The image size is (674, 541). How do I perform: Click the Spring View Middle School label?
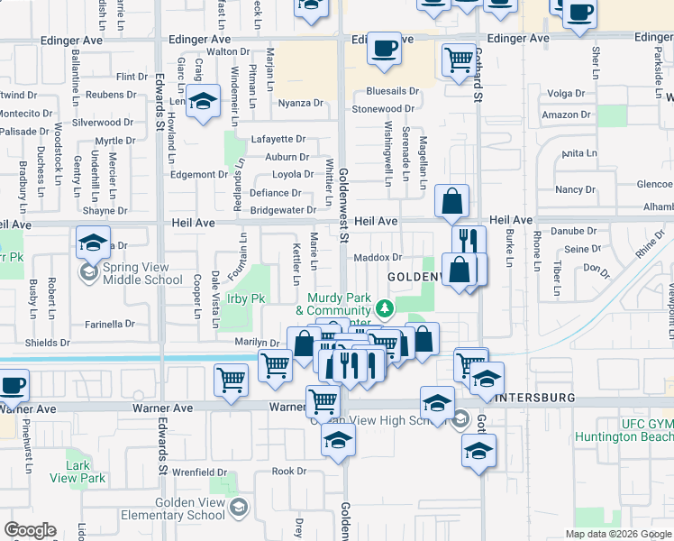(142, 273)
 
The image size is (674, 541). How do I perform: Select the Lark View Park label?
(86, 472)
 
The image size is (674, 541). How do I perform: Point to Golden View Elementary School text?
(182, 509)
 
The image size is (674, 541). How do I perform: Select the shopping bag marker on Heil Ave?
(451, 201)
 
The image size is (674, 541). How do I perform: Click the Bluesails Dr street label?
(393, 91)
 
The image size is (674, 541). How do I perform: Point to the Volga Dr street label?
(567, 93)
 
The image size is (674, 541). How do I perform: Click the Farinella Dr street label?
(109, 324)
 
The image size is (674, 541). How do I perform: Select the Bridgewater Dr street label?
(283, 210)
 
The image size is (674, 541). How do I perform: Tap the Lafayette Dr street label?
(278, 139)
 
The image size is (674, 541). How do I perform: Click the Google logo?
(30, 530)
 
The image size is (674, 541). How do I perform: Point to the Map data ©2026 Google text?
(618, 534)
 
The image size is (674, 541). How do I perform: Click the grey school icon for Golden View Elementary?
(236, 509)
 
